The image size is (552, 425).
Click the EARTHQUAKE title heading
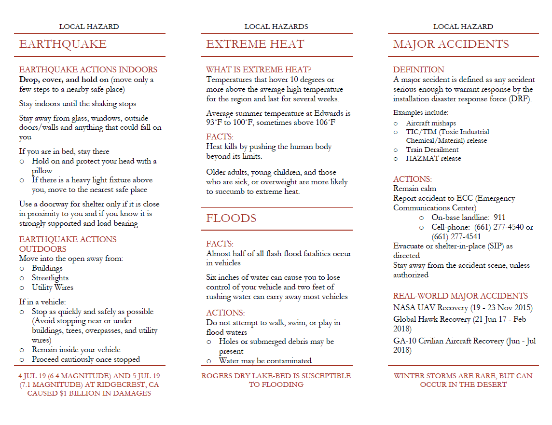coord(63,44)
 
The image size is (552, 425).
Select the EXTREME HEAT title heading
coord(255,44)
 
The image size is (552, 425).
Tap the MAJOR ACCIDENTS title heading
coord(451,44)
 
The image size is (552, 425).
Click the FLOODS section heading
coord(231,218)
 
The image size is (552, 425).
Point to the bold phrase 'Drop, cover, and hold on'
coord(64,80)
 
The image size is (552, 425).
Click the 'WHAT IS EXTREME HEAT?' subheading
coord(258,69)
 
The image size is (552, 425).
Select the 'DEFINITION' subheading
coord(418,69)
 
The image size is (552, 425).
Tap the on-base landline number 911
coord(499,218)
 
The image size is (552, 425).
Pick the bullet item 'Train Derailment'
coord(432,150)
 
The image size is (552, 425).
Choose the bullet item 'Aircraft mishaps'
coord(430,123)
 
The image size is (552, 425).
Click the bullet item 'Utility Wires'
coord(53,288)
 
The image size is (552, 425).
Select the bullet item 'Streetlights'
coord(50,278)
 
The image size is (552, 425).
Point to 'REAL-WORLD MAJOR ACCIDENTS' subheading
coord(460,296)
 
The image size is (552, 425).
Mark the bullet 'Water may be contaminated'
coord(265,361)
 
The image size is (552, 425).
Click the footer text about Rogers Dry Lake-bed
coord(276,380)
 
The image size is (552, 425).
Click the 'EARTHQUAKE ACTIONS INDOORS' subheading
coord(88,69)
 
